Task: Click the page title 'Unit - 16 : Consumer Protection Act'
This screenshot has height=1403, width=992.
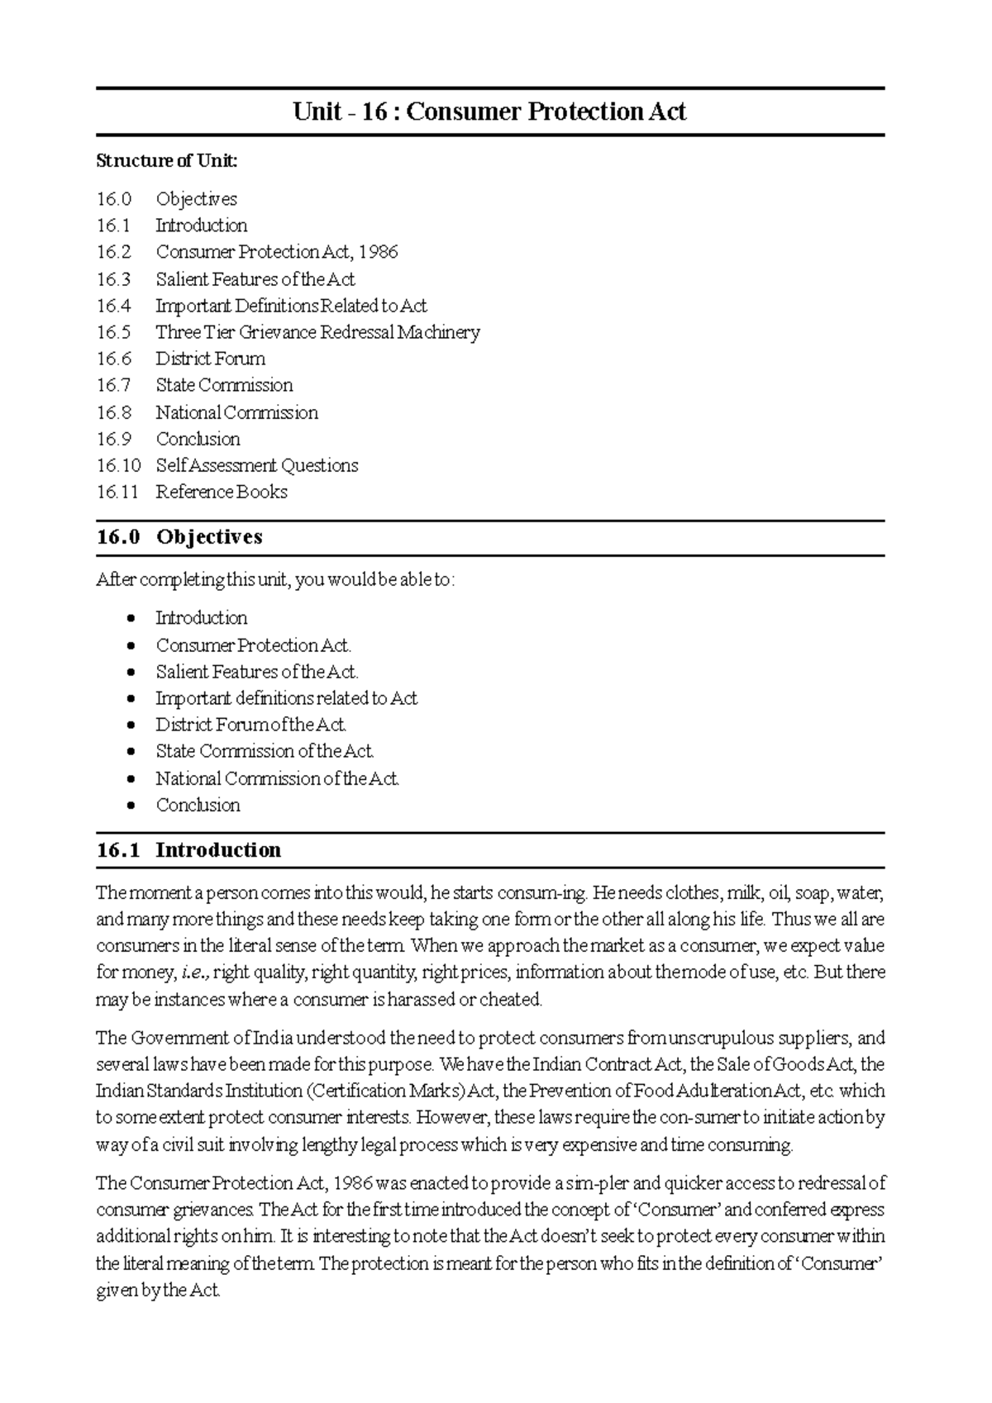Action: tap(489, 112)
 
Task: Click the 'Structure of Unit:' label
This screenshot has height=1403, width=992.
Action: tap(166, 161)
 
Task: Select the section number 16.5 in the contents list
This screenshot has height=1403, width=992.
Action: tap(113, 332)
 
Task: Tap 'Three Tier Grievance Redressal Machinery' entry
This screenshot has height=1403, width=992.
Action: tap(317, 332)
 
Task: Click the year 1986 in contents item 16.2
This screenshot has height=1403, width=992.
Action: tap(379, 252)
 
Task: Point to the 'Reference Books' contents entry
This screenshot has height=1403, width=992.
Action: tap(222, 492)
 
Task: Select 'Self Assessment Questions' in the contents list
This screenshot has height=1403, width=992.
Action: tap(256, 466)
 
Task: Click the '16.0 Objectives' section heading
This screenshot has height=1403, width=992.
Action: tap(179, 537)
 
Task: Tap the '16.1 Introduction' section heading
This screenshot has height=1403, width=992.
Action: tap(188, 850)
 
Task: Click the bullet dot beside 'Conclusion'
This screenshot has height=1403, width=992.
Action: tap(131, 806)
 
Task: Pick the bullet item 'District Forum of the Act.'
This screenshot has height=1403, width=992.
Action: tap(250, 725)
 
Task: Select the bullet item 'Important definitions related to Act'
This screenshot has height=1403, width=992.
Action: tap(286, 699)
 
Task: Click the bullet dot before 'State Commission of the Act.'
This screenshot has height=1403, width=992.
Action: tap(131, 752)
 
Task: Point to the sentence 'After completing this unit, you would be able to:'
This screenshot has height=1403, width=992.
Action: tap(275, 581)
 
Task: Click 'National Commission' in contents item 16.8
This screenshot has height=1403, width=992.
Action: tap(236, 412)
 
